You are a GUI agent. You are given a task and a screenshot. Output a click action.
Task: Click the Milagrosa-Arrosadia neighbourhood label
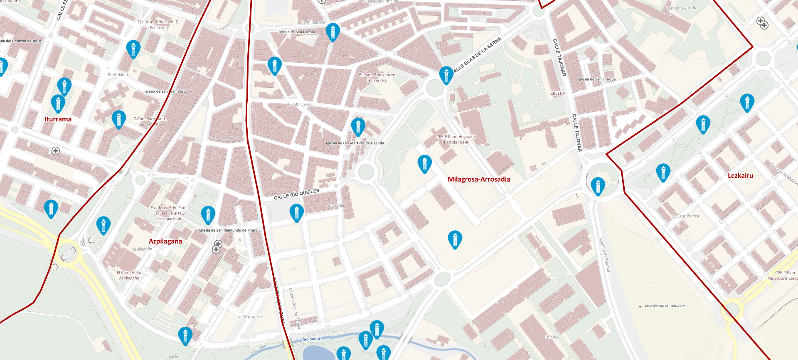(x=479, y=179)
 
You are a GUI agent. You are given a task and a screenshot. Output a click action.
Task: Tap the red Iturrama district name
(x=58, y=119)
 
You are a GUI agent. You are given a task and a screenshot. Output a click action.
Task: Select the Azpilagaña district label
(x=165, y=241)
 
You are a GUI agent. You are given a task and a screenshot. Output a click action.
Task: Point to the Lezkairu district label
(x=740, y=175)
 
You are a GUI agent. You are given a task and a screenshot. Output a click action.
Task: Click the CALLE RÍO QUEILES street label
(x=296, y=194)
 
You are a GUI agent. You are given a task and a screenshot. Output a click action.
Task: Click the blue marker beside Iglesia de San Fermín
(x=332, y=32)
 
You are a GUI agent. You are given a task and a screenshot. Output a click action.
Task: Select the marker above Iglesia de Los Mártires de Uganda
(x=358, y=126)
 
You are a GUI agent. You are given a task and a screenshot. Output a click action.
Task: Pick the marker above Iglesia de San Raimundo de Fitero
(x=208, y=215)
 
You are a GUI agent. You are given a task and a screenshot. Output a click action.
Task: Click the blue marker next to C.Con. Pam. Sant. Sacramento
(x=119, y=119)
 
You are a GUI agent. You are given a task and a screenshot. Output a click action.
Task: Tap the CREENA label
(x=558, y=94)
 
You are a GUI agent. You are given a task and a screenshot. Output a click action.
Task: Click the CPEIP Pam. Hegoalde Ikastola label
(x=456, y=139)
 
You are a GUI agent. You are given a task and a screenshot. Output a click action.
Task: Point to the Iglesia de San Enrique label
(x=597, y=79)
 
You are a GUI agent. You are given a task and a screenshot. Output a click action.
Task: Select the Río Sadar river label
(x=311, y=339)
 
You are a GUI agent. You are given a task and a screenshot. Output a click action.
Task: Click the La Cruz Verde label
(x=250, y=317)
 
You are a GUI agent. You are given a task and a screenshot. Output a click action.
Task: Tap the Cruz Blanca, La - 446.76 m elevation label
(x=665, y=306)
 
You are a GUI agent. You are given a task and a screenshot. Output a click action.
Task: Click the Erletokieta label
(x=118, y=75)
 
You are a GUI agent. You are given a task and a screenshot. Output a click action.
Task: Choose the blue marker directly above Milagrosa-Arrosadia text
(x=424, y=163)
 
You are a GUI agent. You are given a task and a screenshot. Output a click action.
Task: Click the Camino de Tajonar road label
(x=605, y=255)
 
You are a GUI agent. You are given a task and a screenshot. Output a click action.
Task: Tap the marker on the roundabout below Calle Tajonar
(x=598, y=186)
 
